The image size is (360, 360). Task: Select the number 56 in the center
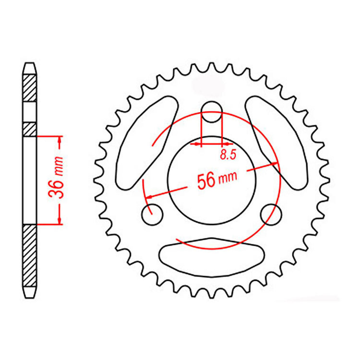[x=206, y=181]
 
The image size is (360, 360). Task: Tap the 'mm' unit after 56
[x=228, y=179]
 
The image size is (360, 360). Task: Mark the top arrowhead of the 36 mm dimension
[x=60, y=139]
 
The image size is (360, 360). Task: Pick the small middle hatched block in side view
[x=30, y=129]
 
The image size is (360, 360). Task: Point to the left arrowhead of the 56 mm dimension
[x=150, y=196]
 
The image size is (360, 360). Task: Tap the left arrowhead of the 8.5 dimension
[x=195, y=143]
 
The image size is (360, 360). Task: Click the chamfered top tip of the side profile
[x=30, y=65]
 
